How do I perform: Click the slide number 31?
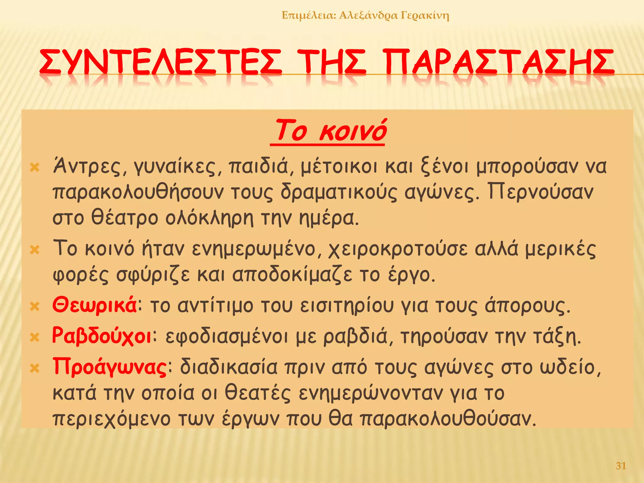click(x=621, y=466)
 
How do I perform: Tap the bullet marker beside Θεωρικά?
click(x=35, y=306)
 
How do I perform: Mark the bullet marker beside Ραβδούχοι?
click(x=35, y=337)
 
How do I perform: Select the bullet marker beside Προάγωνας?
click(x=35, y=368)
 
